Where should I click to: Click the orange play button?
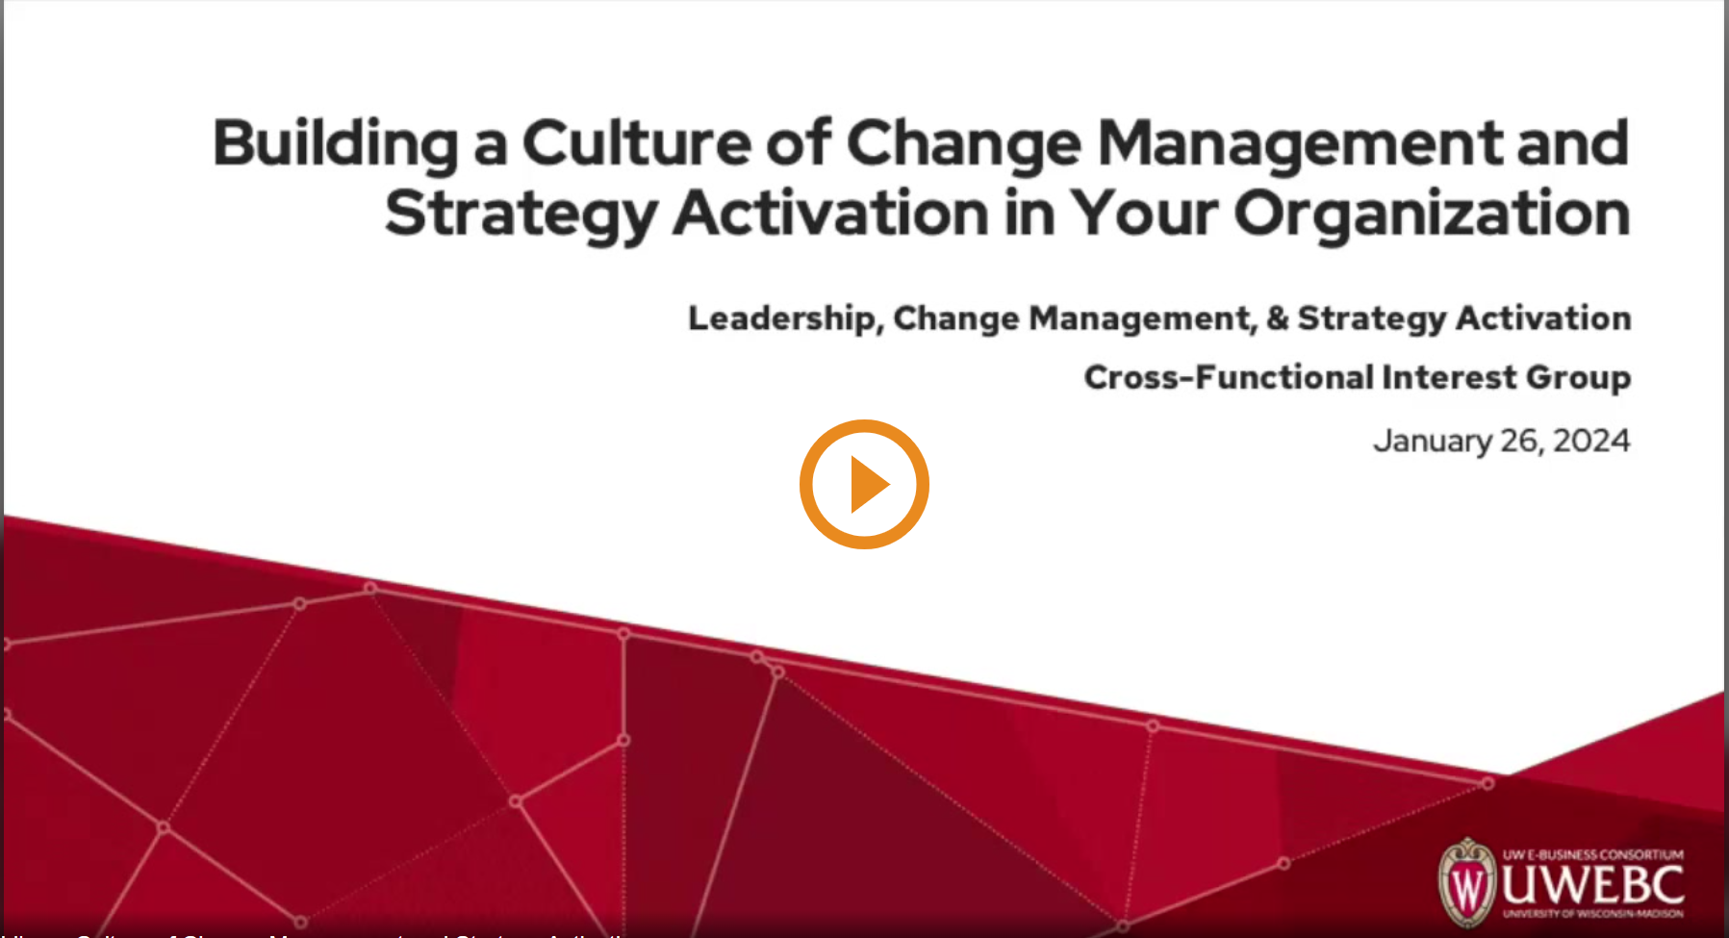pyautogui.click(x=864, y=484)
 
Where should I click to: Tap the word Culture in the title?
pyautogui.click(x=636, y=143)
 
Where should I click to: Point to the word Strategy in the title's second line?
pyautogui.click(x=521, y=214)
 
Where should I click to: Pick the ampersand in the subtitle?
pyautogui.click(x=1277, y=318)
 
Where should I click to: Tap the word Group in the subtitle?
pyautogui.click(x=1578, y=377)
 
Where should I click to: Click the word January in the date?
pyautogui.click(x=1432, y=441)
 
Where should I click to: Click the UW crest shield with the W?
pyautogui.click(x=1466, y=883)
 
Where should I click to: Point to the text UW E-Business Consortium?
pyautogui.click(x=1593, y=854)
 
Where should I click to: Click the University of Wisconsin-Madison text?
pyautogui.click(x=1593, y=914)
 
